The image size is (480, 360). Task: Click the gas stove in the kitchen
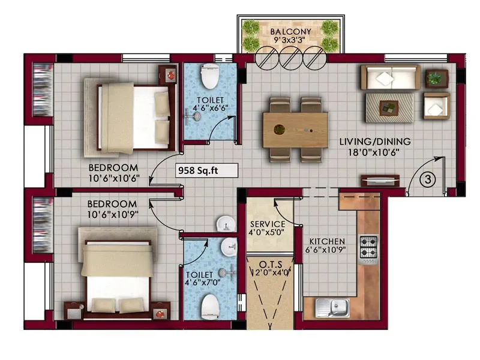click(x=367, y=247)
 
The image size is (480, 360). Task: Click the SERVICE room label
click(x=267, y=224)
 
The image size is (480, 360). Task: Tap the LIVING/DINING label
click(x=375, y=142)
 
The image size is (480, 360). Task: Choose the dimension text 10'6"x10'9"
click(x=114, y=215)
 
